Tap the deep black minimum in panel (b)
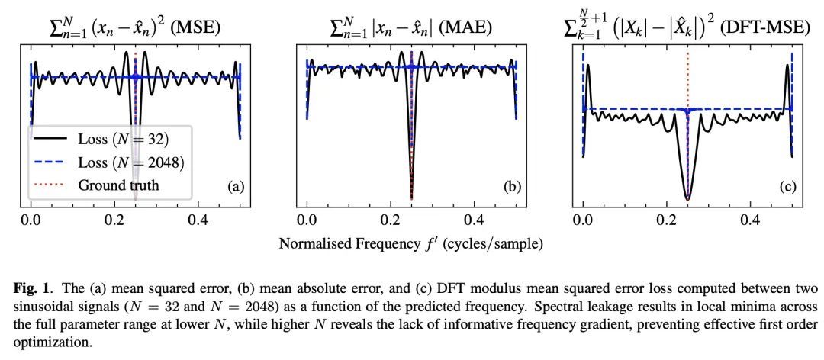click(x=411, y=197)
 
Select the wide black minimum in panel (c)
click(x=687, y=194)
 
